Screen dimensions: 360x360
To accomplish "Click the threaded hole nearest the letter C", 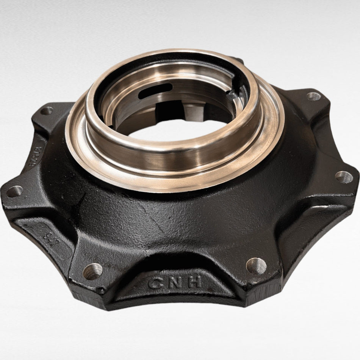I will [93, 271].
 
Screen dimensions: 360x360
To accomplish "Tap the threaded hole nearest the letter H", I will [256, 265].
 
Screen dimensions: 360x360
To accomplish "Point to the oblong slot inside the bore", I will [155, 91].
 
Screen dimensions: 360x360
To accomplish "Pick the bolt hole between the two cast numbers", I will [14, 191].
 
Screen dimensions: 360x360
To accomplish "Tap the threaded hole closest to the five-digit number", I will [47, 111].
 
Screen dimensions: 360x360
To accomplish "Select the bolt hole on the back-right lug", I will [314, 96].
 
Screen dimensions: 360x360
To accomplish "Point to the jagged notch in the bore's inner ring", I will [232, 95].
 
